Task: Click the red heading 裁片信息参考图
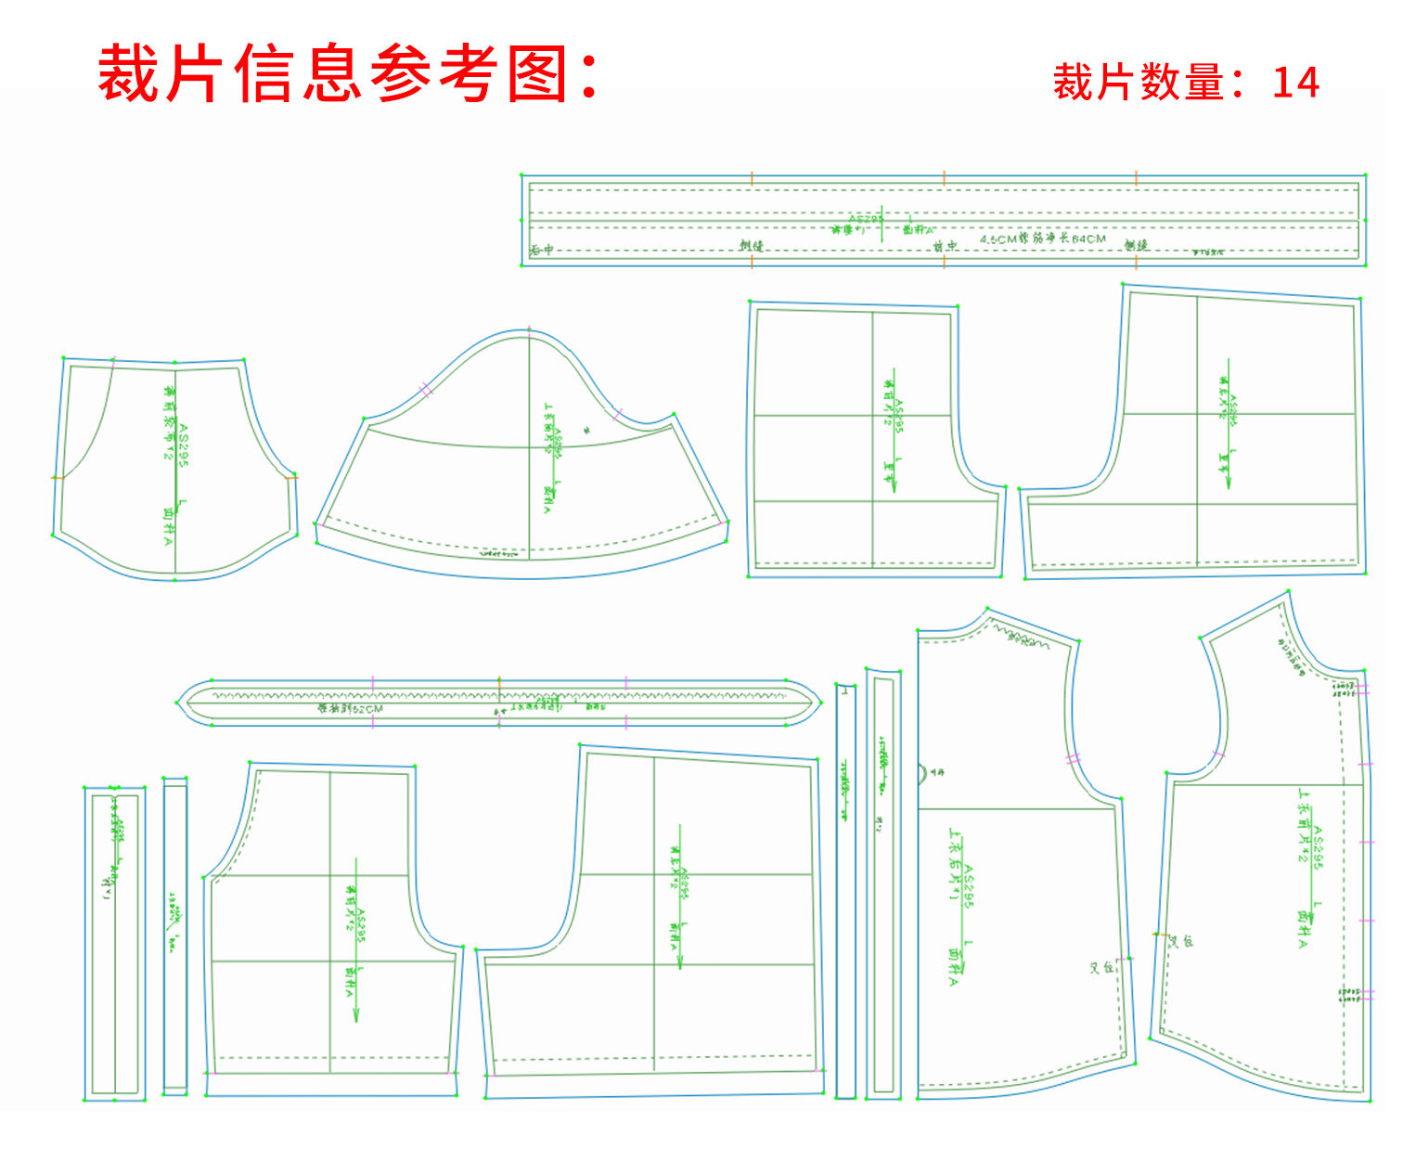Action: (348, 74)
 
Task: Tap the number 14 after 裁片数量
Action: (1295, 83)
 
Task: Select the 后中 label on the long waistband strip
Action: (542, 250)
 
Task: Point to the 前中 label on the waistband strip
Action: (945, 246)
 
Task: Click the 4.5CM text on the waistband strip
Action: (998, 239)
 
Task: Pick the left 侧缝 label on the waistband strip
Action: (751, 246)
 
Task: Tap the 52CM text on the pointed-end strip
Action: (367, 709)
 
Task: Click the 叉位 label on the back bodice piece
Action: (1101, 968)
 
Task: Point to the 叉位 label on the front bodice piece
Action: (1180, 941)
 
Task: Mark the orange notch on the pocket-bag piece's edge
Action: (56, 478)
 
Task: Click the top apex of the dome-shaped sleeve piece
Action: (529, 329)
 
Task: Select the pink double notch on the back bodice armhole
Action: (1074, 759)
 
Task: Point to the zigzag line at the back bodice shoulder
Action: (1025, 639)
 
